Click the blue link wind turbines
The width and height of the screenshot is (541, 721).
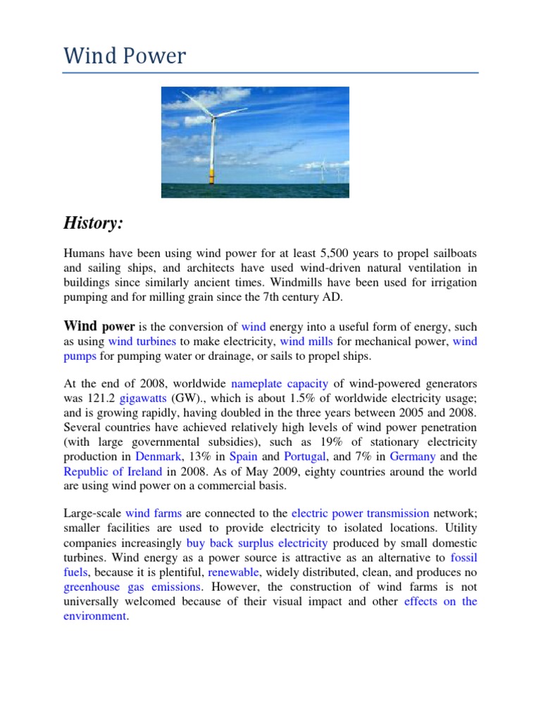142,341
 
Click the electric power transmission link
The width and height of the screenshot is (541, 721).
360,513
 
